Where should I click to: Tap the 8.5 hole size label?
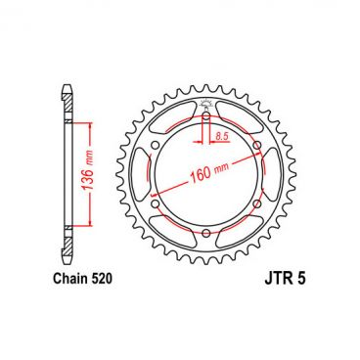pyautogui.click(x=222, y=137)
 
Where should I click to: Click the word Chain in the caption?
pyautogui.click(x=67, y=279)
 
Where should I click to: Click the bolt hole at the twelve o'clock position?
pyautogui.click(x=206, y=118)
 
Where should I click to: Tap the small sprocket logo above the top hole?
pyautogui.click(x=206, y=104)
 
